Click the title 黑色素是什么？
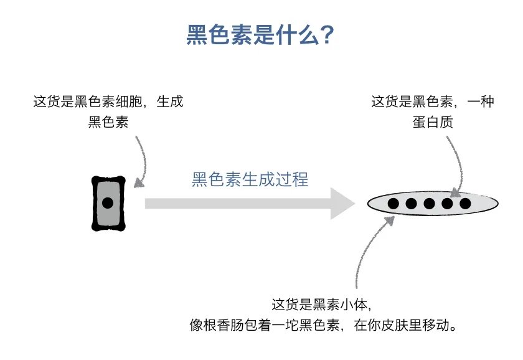tap(261, 36)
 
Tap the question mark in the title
tap(328, 36)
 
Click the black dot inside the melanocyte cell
tap(108, 203)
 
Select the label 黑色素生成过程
tap(250, 180)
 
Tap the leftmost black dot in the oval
tap(393, 203)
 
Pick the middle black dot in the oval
tap(429, 203)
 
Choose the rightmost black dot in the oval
tap(464, 203)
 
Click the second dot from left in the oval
tap(411, 203)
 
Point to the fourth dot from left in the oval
tap(447, 203)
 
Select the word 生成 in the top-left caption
tap(170, 102)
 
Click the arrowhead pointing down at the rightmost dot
tap(456, 192)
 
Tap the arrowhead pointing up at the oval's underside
tap(391, 220)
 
